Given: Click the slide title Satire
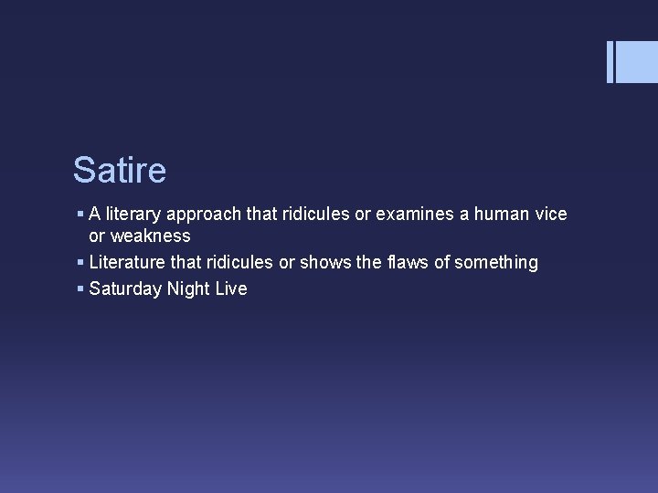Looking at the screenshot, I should (120, 170).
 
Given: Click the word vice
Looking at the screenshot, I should (552, 215).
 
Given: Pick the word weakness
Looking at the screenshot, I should (151, 236).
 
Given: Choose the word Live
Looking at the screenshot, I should (230, 289).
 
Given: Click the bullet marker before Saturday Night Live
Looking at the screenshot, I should (80, 289).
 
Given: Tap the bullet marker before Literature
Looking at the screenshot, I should (80, 263).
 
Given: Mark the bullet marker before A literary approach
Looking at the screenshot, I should (80, 215).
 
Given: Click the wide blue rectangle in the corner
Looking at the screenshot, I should (638, 61).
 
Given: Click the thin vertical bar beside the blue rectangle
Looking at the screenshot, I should (610, 61).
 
